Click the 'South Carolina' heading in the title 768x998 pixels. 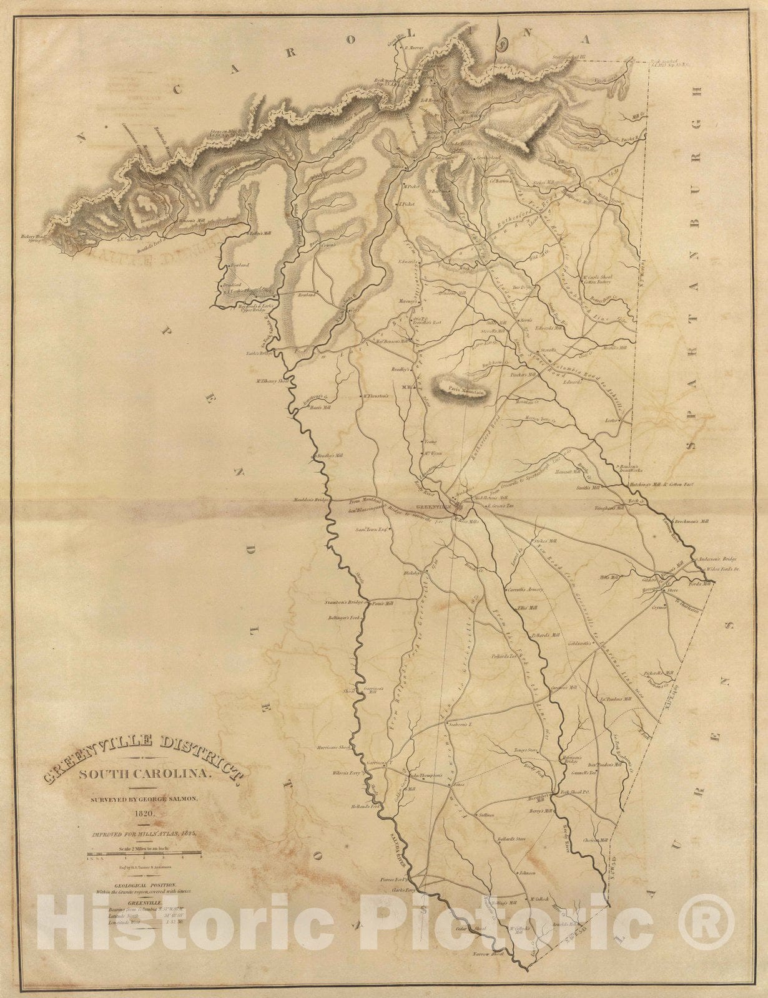tap(145, 774)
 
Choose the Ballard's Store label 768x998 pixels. tap(511, 839)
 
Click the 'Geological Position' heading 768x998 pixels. tap(145, 885)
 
